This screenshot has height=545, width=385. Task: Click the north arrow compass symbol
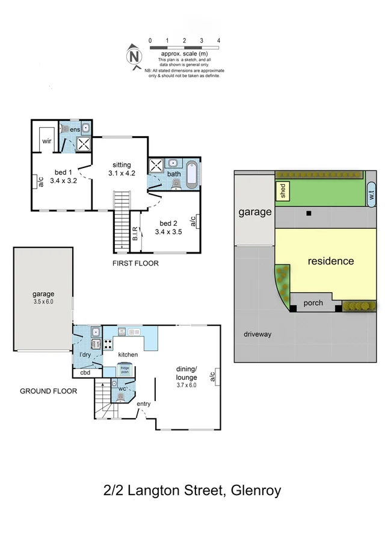[134, 57]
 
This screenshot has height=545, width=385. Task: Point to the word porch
[313, 303]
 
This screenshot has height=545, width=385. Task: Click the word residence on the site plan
[330, 261]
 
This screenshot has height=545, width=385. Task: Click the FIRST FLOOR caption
[135, 263]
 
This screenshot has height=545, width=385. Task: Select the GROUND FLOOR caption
[49, 391]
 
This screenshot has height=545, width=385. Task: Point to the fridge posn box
[125, 369]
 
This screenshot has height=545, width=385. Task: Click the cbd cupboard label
[85, 373]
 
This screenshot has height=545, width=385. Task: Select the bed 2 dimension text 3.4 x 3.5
[167, 231]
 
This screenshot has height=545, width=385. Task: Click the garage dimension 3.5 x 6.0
[43, 302]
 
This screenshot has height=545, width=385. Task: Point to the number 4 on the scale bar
[218, 40]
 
